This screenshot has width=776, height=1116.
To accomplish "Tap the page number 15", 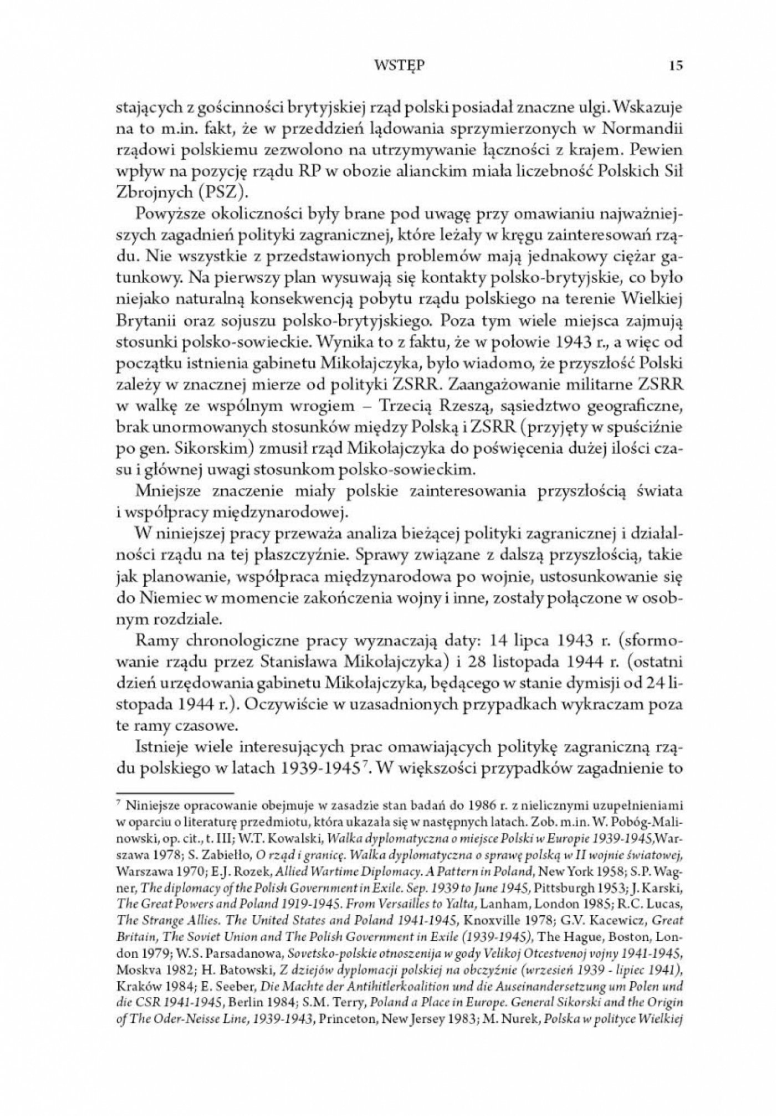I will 676,66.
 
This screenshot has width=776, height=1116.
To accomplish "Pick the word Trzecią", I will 409,407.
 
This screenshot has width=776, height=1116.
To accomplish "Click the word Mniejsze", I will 166,491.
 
